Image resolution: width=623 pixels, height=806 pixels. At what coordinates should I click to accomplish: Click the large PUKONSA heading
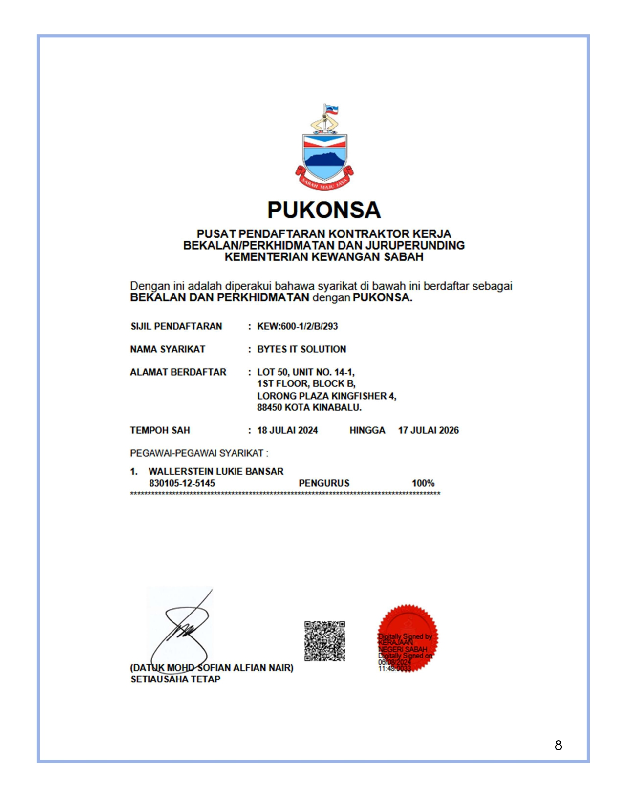point(323,210)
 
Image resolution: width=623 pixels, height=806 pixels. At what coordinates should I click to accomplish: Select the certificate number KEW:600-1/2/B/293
point(297,326)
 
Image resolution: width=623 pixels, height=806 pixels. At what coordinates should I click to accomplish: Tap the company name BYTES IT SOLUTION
point(301,349)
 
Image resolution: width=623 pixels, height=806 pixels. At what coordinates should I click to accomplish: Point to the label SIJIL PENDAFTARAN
point(176,326)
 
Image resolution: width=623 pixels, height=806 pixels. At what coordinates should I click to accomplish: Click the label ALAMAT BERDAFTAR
point(178,372)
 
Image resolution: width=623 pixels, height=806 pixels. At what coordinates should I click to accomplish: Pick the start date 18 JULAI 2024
point(287,430)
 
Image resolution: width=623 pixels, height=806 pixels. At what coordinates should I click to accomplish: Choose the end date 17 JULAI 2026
point(428,430)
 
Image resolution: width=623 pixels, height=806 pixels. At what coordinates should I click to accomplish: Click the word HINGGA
point(367,430)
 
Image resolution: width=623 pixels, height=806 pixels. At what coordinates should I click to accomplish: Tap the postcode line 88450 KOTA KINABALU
point(309,407)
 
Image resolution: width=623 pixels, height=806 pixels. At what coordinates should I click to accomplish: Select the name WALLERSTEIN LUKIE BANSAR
point(216,471)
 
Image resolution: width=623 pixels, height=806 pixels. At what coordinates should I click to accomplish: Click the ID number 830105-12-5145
point(182,483)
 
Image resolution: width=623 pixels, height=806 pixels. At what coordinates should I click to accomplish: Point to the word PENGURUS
point(324,483)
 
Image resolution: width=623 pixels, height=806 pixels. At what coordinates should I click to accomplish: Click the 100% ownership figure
point(423,483)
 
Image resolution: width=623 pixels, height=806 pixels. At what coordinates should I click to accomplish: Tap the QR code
point(324,641)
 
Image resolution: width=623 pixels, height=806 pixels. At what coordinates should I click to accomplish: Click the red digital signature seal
point(408,637)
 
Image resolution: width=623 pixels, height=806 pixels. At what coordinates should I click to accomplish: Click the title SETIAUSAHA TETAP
point(175,679)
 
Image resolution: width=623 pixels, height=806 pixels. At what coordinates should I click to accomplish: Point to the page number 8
point(558,745)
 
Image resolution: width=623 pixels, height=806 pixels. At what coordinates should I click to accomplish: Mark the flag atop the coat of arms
point(332,110)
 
